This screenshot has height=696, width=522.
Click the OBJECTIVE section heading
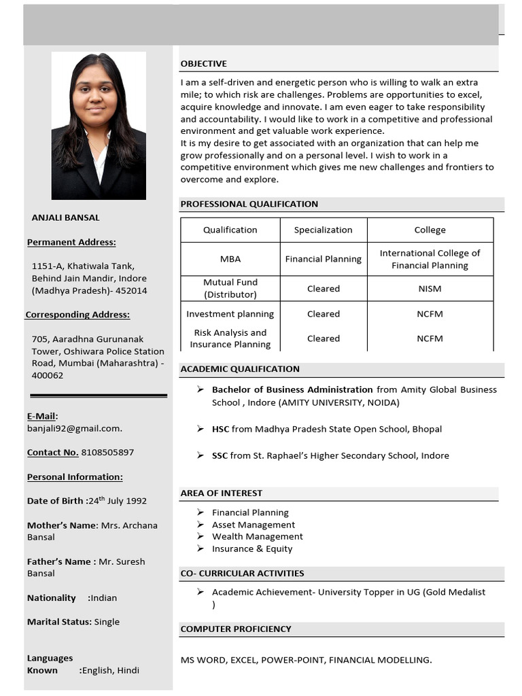[x=203, y=64]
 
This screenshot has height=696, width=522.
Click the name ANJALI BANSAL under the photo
[x=65, y=217]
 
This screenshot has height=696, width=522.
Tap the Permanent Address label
[x=71, y=242]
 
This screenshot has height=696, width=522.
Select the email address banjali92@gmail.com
[x=74, y=428]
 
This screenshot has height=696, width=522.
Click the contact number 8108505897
[x=107, y=452]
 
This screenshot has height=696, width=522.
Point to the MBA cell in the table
[x=230, y=259]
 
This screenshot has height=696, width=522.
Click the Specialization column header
[x=323, y=230]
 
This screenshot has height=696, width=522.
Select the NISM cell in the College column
[x=430, y=288]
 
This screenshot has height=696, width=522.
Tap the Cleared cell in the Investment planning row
[x=323, y=314]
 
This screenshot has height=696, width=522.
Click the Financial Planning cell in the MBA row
[x=323, y=259]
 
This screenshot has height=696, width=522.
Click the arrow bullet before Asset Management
[x=201, y=525]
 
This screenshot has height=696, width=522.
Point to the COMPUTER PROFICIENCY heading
[x=235, y=629]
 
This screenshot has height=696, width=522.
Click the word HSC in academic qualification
[x=220, y=429]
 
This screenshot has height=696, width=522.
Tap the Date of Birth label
[x=56, y=501]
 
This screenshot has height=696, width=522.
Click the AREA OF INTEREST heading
[x=221, y=493]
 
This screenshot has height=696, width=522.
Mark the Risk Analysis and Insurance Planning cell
[x=230, y=338]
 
